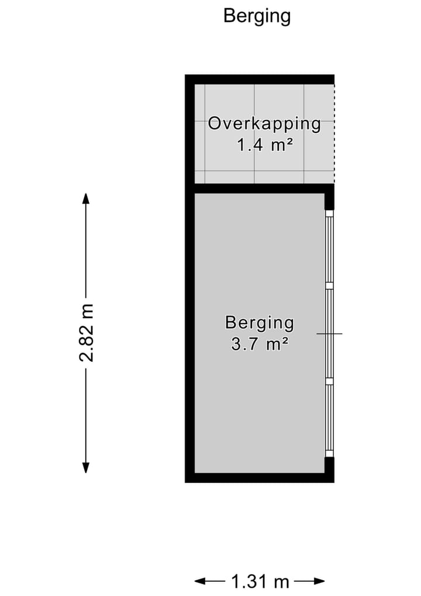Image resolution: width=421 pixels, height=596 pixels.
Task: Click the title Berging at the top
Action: pos(257,16)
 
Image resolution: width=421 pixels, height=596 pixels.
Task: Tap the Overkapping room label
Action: pos(264,124)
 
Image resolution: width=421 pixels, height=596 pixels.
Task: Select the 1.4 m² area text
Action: pos(264,145)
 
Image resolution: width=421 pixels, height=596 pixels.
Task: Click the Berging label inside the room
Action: pos(260,323)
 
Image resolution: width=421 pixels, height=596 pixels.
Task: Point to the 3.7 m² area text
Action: pos(260,344)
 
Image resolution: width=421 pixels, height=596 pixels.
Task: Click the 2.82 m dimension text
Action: pos(87,333)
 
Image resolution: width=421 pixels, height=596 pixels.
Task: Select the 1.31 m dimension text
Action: pos(260,581)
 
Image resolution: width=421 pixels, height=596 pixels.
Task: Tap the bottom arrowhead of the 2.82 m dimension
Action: pos(86,467)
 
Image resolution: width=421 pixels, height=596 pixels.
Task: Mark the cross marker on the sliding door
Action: pos(330,334)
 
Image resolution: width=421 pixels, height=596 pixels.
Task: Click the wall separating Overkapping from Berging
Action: pos(260,189)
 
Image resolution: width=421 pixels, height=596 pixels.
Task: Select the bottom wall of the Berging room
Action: pos(260,478)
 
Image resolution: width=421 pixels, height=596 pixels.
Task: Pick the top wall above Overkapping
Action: pos(260,79)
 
